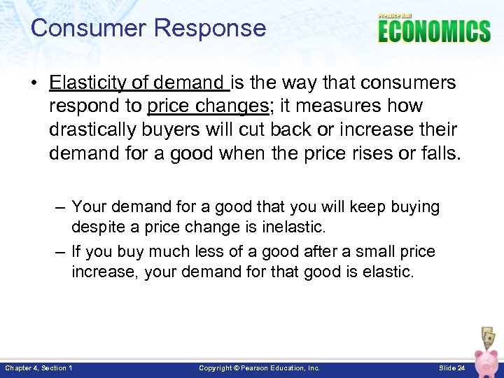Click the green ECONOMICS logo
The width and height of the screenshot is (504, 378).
[x=434, y=31]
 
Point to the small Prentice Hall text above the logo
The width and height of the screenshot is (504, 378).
[x=396, y=15]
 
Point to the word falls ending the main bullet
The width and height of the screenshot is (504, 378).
[x=440, y=153]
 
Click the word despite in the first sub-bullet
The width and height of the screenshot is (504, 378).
[x=95, y=227]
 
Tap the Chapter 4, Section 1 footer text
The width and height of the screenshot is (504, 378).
[x=38, y=367]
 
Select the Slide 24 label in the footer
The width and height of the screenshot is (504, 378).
[x=451, y=367]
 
